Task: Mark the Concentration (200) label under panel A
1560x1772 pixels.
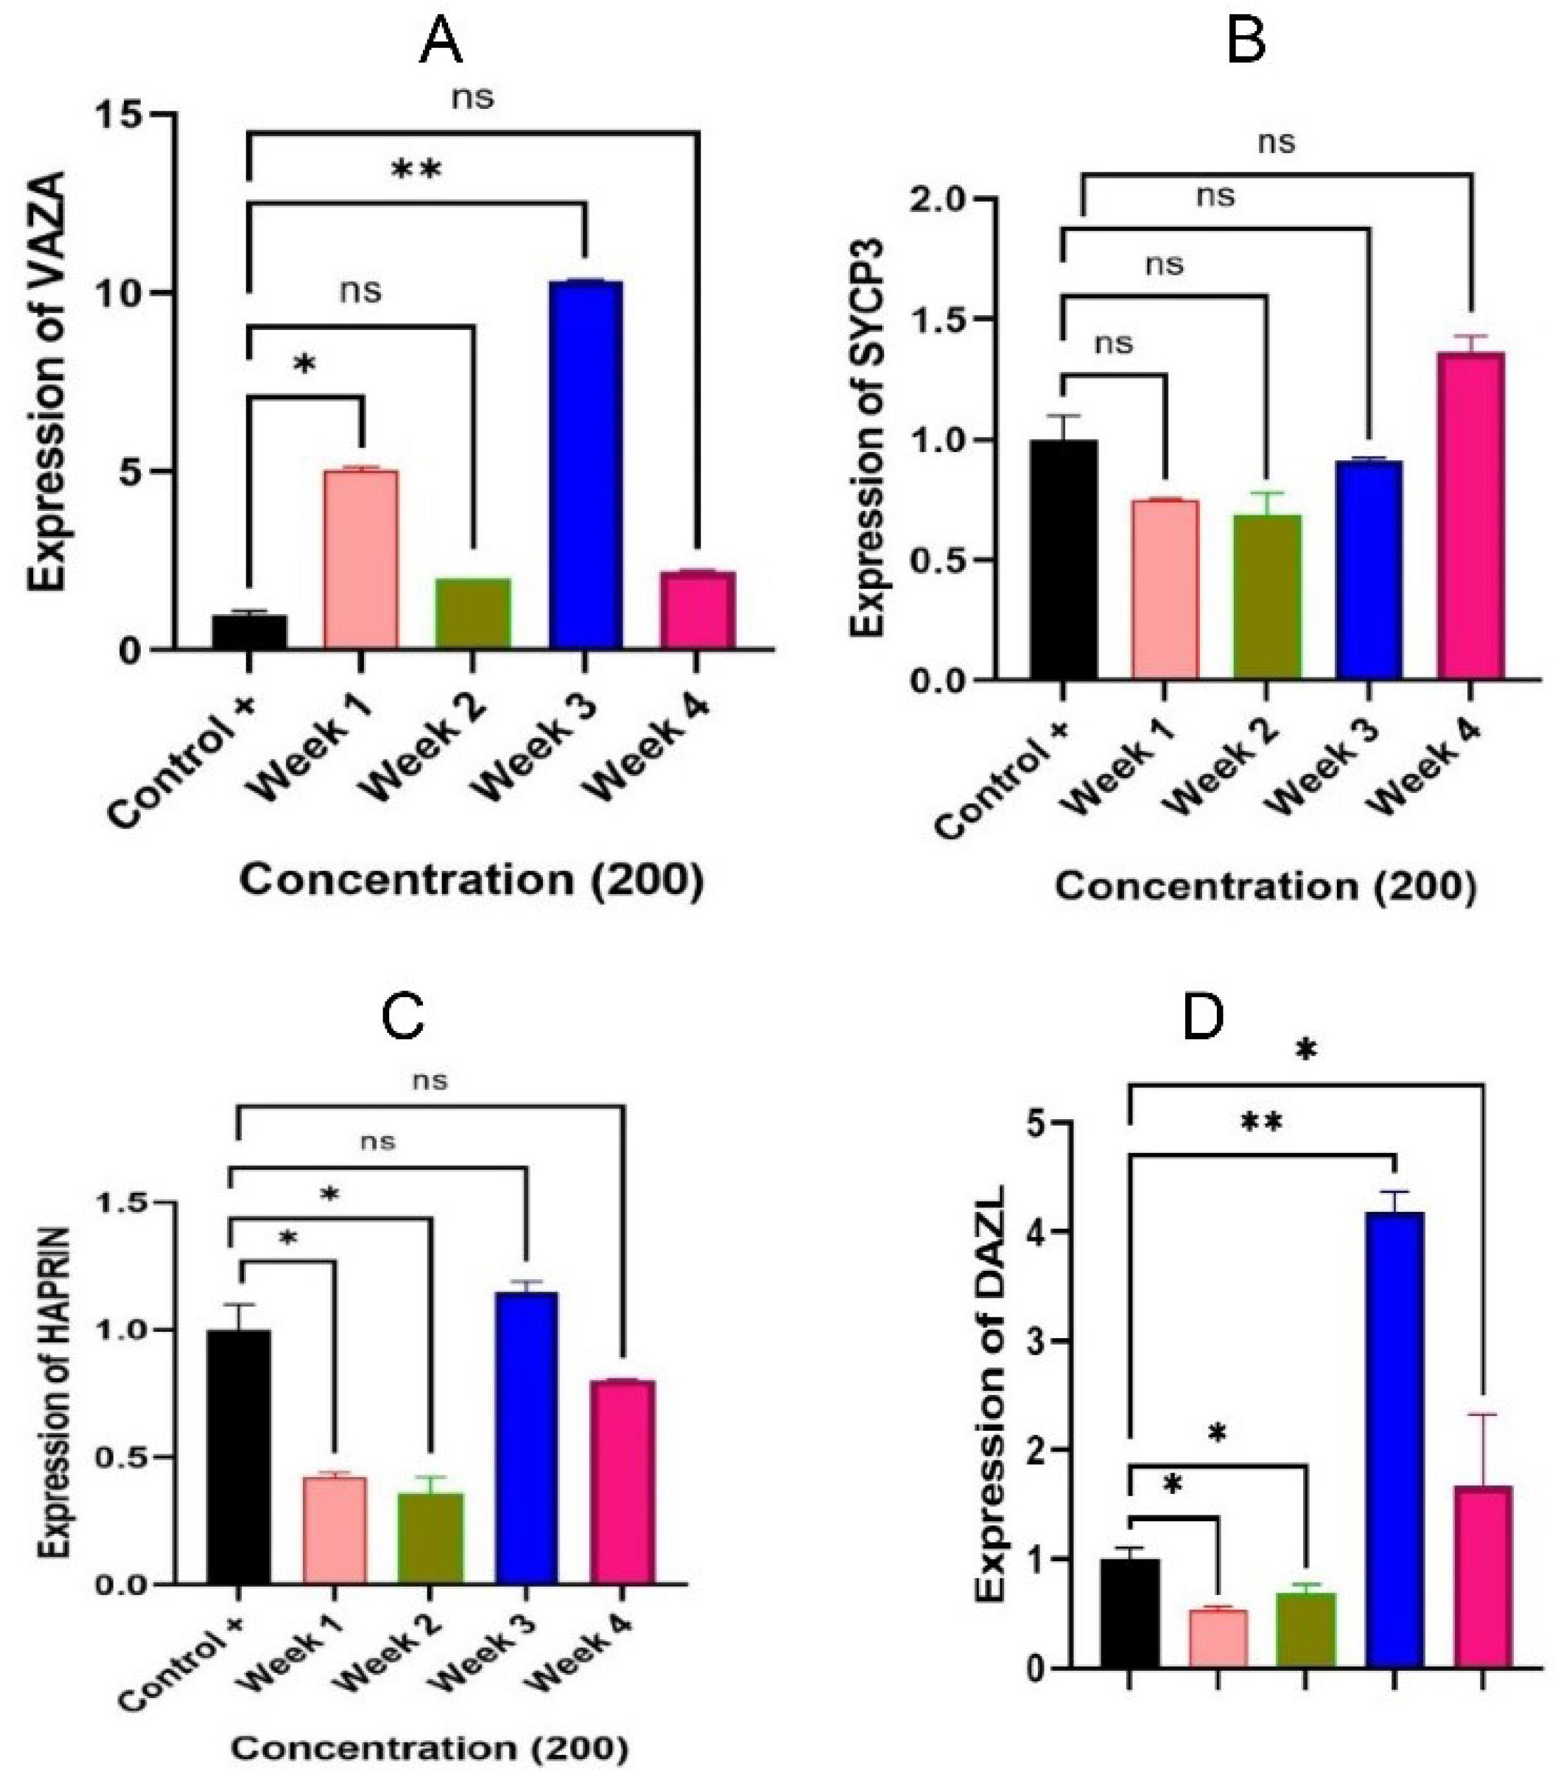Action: pos(472,880)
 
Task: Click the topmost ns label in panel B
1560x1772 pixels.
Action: pos(1277,141)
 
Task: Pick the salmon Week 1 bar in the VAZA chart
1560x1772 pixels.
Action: pos(361,559)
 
